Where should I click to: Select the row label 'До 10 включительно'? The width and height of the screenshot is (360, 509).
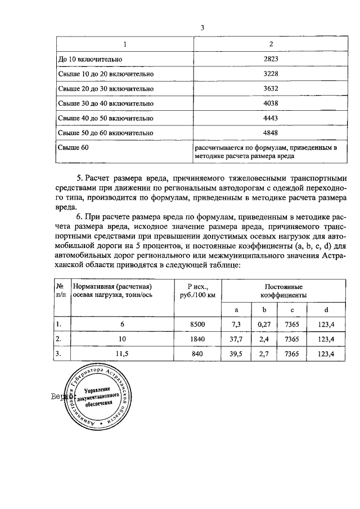90,59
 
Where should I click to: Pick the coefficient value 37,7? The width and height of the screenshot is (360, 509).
236,339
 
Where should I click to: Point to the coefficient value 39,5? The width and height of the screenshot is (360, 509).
236,354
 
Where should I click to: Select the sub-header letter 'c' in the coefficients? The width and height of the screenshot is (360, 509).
292,309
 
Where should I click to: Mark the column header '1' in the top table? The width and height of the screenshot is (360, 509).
125,44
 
